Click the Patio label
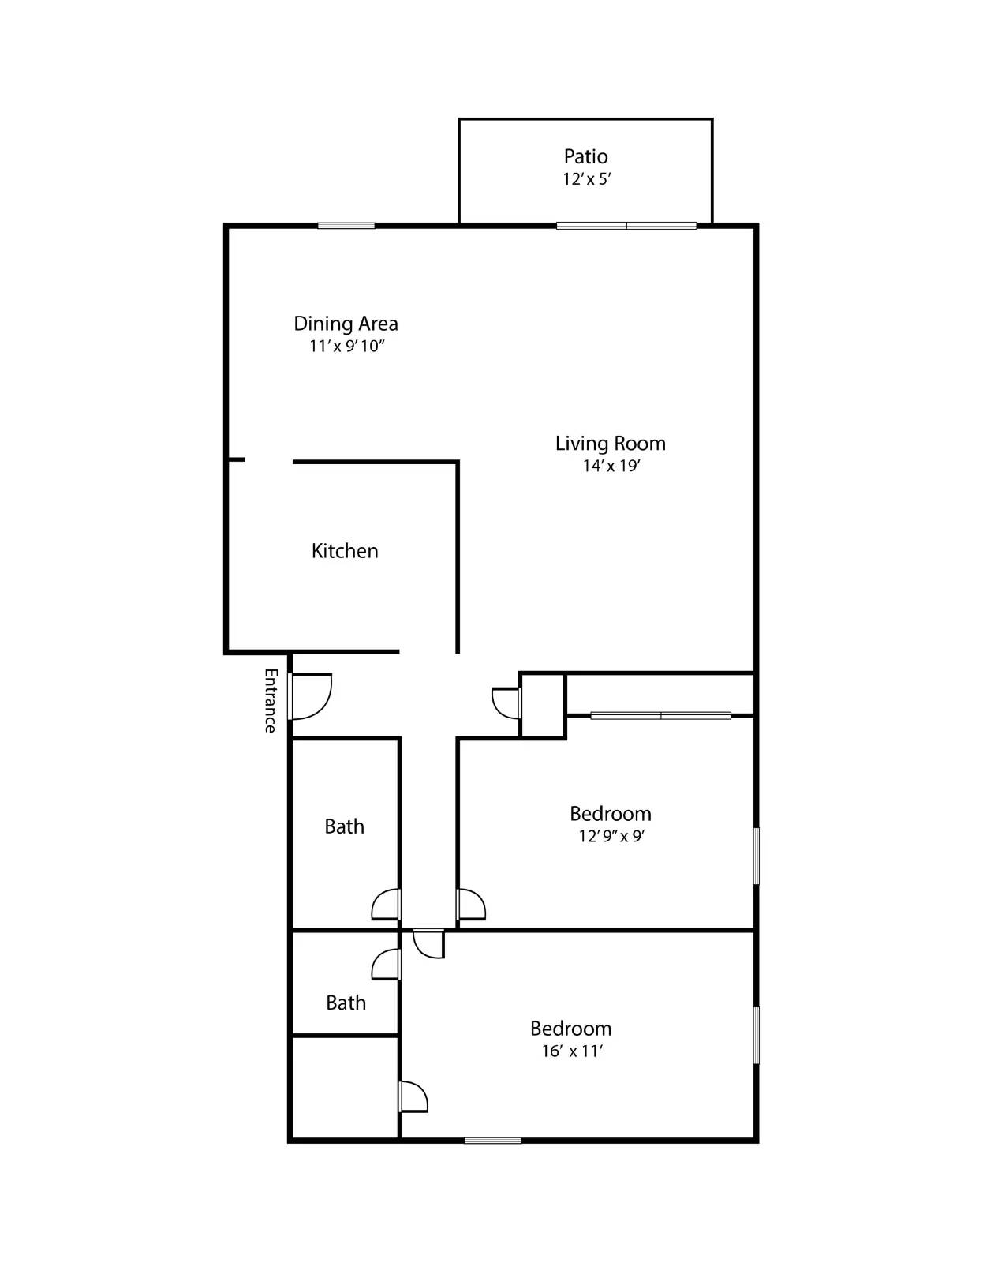tap(585, 156)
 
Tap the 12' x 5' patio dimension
tap(587, 179)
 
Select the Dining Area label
tap(346, 324)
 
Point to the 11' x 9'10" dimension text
tap(346, 346)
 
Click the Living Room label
tap(610, 444)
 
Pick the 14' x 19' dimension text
tap(611, 466)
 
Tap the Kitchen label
tap(345, 551)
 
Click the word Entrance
tap(271, 700)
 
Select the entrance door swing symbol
tap(311, 696)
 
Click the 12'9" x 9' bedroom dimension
tap(611, 836)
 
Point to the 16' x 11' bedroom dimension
tap(572, 1051)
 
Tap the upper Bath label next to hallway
tap(344, 826)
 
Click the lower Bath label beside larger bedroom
tap(346, 1003)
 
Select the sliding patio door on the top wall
tap(626, 226)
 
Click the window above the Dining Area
tap(346, 226)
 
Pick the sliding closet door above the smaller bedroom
tap(660, 716)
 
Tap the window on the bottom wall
tap(492, 1140)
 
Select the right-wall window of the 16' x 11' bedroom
tap(756, 1035)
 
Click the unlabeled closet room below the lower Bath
tap(345, 1088)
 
